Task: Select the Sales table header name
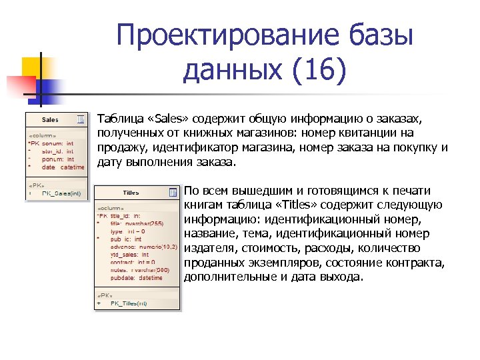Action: pos(50,120)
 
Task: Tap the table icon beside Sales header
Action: pos(81,119)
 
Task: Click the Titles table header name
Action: pos(131,193)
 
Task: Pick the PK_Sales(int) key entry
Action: pos(61,194)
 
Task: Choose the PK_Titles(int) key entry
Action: pos(130,303)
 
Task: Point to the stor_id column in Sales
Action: pos(57,151)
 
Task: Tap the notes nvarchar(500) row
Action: pos(137,269)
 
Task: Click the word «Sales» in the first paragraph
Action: pos(172,119)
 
